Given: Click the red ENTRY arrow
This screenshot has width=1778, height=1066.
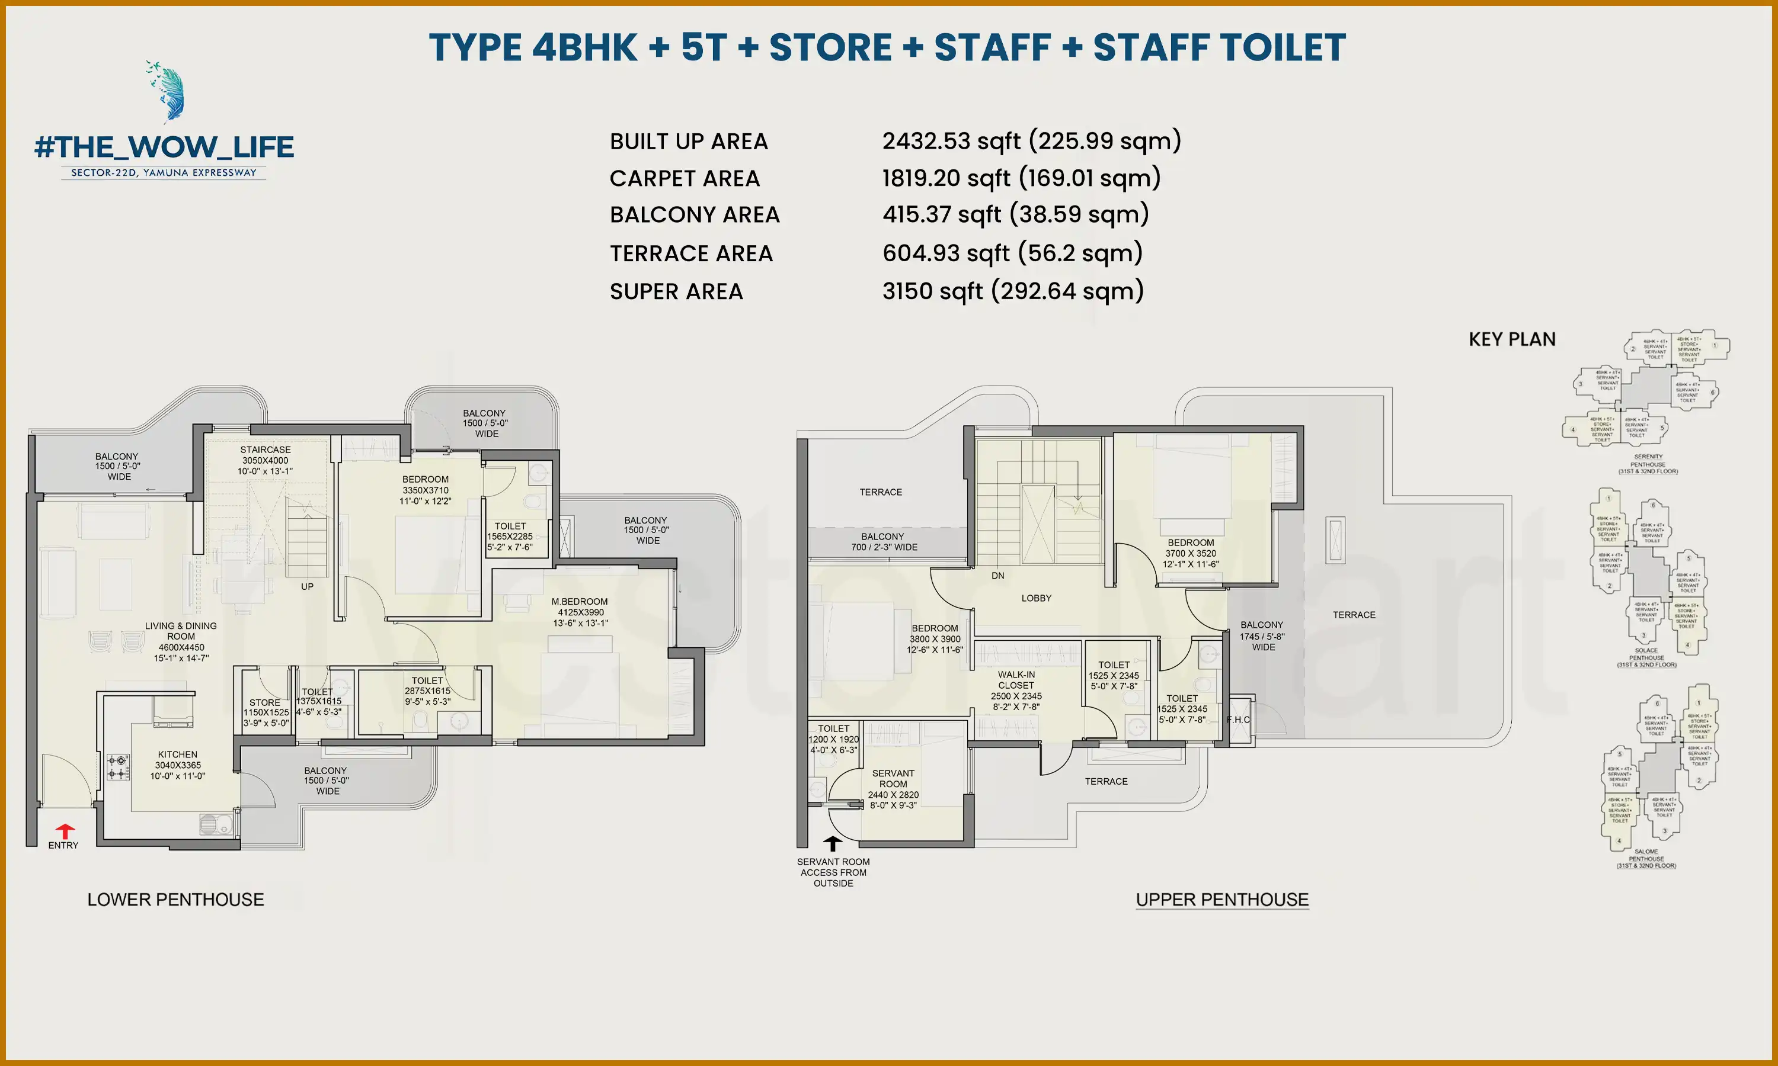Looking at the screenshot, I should pos(65,831).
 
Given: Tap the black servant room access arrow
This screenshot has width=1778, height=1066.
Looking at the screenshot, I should pos(832,843).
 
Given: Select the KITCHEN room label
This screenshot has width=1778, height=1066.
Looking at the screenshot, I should pos(178,755).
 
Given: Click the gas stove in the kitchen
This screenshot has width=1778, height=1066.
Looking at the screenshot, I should pos(118,766).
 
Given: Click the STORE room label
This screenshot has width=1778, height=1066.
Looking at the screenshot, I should pos(264,702).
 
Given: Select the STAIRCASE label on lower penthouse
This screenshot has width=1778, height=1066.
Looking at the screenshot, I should pos(265,449).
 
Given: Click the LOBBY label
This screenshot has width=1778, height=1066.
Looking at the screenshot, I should pos(1035,598).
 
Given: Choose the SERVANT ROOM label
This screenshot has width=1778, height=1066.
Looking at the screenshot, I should pos(893,779).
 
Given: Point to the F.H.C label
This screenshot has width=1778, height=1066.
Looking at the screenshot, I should pos(1238,720).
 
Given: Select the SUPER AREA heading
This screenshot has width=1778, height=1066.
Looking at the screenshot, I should pos(676,291).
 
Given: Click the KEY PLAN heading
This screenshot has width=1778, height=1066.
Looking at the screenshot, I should pos(1512,339).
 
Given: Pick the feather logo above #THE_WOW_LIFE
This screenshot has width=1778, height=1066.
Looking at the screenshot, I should pos(168,91).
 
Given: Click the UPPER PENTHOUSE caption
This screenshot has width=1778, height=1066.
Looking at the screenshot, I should pos(1221,900).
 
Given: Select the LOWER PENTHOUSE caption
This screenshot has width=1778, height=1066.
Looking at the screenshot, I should pos(175,900).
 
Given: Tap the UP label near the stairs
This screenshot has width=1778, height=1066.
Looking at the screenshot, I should pos(307,587).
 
